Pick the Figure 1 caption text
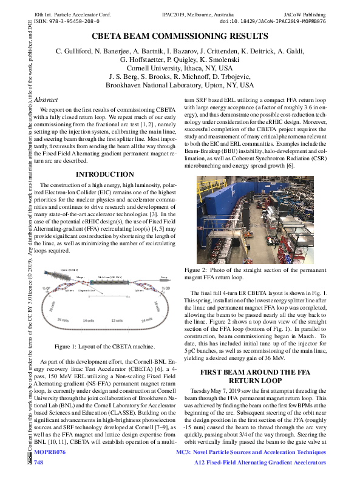point(105,346)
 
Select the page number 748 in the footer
point(39,463)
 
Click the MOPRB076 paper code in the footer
point(49,453)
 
